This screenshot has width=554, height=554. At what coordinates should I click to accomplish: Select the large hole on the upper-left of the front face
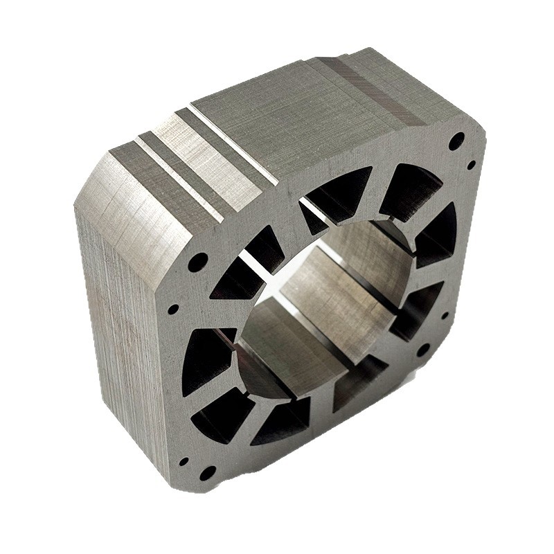tap(197, 262)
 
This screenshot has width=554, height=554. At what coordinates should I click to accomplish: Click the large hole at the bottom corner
tap(207, 473)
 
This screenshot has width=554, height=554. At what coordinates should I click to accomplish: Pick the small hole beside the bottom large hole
tap(184, 461)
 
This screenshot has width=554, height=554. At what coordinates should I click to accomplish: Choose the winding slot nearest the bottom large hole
tap(222, 415)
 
